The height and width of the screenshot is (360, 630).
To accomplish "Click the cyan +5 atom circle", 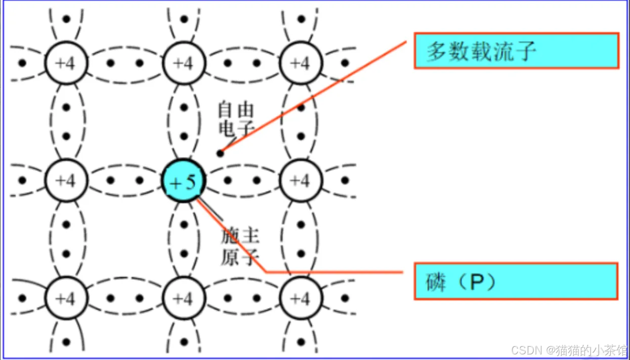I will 183,181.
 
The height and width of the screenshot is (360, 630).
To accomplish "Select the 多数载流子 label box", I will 516,51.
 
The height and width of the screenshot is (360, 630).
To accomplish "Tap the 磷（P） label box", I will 516,281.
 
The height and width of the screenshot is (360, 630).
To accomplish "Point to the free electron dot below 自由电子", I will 220,153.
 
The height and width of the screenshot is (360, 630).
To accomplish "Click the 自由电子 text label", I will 235,118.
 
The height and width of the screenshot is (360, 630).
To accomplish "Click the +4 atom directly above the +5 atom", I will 183,63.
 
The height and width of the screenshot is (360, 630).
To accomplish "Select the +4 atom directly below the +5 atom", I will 183,298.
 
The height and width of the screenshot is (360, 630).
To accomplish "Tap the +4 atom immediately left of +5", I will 66,181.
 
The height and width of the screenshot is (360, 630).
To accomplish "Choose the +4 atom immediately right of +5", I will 301,181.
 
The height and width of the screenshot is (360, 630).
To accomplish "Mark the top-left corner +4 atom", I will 66,63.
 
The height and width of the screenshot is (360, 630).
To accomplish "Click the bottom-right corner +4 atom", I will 301,298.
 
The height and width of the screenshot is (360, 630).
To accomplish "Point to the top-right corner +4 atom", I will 301,63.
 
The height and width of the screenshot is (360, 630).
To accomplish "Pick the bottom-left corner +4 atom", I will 66,298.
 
